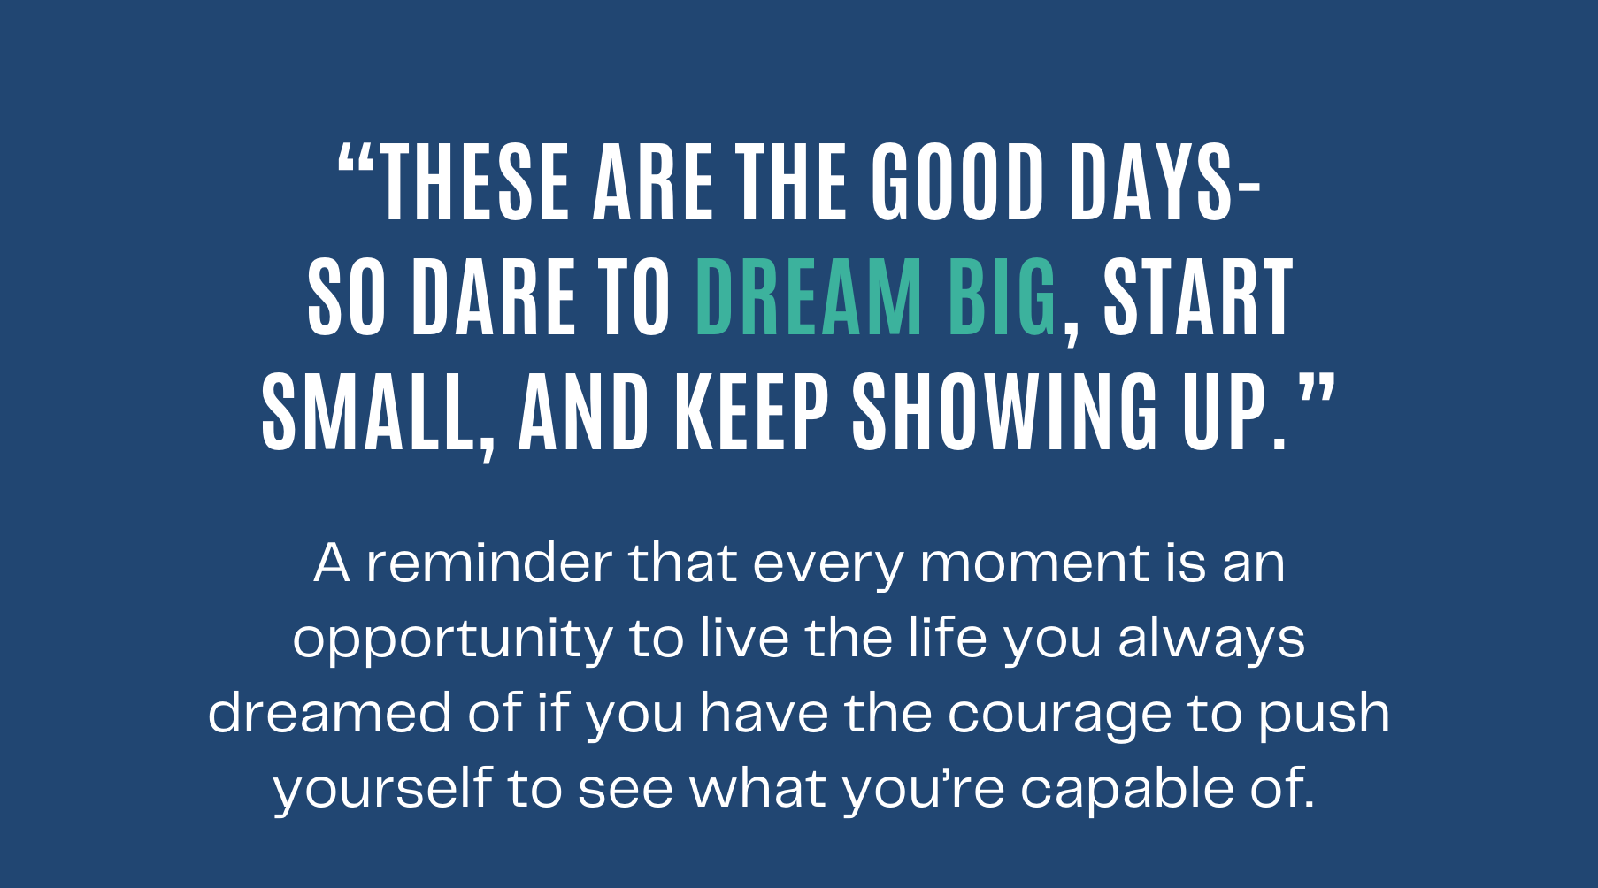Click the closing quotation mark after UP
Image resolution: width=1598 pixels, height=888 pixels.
click(1316, 390)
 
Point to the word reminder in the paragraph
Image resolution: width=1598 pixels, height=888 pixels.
click(489, 563)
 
